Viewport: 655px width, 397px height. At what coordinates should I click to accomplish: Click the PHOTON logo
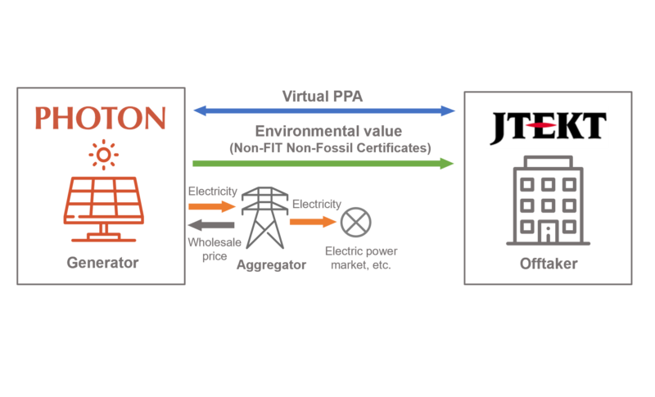pos(99,118)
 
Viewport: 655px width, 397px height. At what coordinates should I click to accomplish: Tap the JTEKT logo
pos(547,127)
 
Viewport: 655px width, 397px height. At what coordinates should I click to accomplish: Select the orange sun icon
pos(104,154)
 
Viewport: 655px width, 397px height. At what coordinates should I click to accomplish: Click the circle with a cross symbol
pos(355,221)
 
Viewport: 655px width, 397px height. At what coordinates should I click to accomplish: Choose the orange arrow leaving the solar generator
pos(212,207)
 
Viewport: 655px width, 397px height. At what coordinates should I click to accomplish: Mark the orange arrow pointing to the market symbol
pos(314,221)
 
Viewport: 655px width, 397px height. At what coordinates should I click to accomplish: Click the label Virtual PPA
pos(323,96)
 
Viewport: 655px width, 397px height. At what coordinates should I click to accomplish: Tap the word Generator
pos(102,263)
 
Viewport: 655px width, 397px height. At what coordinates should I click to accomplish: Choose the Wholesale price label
pos(212,248)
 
